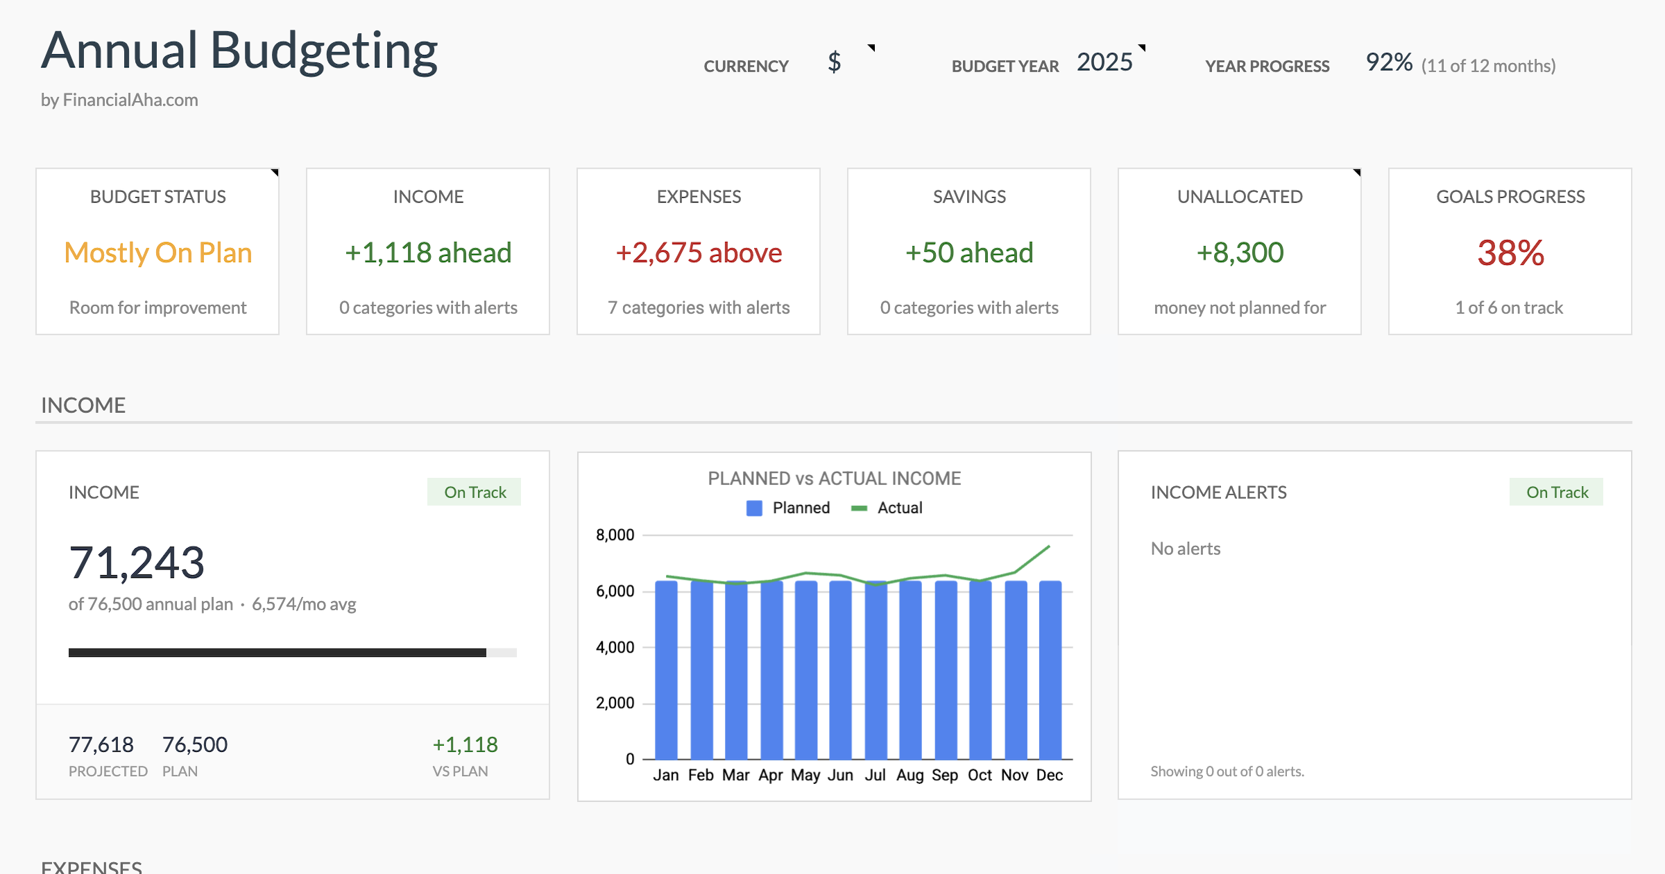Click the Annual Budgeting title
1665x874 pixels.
pos(239,51)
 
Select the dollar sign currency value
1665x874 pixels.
pos(834,62)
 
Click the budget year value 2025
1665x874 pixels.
pos(1104,62)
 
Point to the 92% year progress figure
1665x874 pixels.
pos(1389,62)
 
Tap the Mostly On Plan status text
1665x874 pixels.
pos(157,252)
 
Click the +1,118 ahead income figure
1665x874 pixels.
pos(428,252)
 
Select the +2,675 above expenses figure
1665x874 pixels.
pos(699,252)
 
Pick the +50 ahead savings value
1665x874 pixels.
pos(969,252)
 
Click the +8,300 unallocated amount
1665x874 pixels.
pos(1240,252)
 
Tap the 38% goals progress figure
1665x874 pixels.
pos(1510,252)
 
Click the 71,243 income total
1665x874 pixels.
pos(137,563)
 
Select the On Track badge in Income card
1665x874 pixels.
pos(475,492)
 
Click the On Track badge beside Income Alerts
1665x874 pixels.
pos(1557,492)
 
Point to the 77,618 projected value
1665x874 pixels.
pos(101,745)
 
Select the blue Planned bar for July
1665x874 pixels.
pos(876,673)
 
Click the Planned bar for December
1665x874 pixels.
pos(1050,673)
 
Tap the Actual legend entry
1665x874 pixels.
pos(888,508)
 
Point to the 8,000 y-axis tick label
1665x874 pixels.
pos(615,535)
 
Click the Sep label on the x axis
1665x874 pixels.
pos(945,775)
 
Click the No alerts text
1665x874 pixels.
pos(1186,549)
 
